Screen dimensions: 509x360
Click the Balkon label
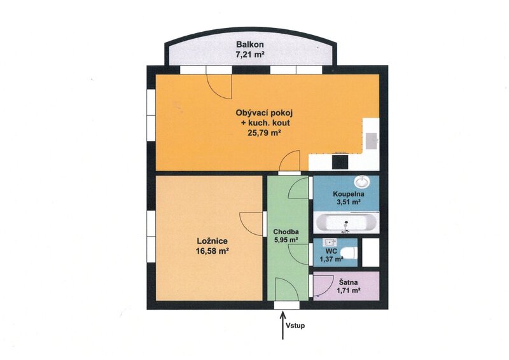[x=249, y=45]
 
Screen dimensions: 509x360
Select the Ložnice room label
[x=213, y=241]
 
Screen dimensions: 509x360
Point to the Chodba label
[x=286, y=232]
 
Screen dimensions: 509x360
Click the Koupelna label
[x=349, y=194]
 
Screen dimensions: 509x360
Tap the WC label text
[x=332, y=251]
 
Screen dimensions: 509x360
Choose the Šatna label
[x=349, y=282]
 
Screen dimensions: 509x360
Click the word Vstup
[x=295, y=325]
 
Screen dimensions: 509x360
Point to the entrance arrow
[x=282, y=325]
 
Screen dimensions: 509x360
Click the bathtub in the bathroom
[x=346, y=223]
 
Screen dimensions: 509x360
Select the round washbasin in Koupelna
[x=362, y=181]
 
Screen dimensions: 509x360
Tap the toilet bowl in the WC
[x=349, y=253]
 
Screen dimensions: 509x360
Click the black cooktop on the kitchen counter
[x=340, y=162]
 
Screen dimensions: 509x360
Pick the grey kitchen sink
[x=371, y=141]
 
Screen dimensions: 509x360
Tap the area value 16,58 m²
[x=213, y=251]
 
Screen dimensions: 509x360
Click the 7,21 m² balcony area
[x=249, y=55]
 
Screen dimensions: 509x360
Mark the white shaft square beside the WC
[x=370, y=253]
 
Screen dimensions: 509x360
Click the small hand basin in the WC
[x=330, y=242]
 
